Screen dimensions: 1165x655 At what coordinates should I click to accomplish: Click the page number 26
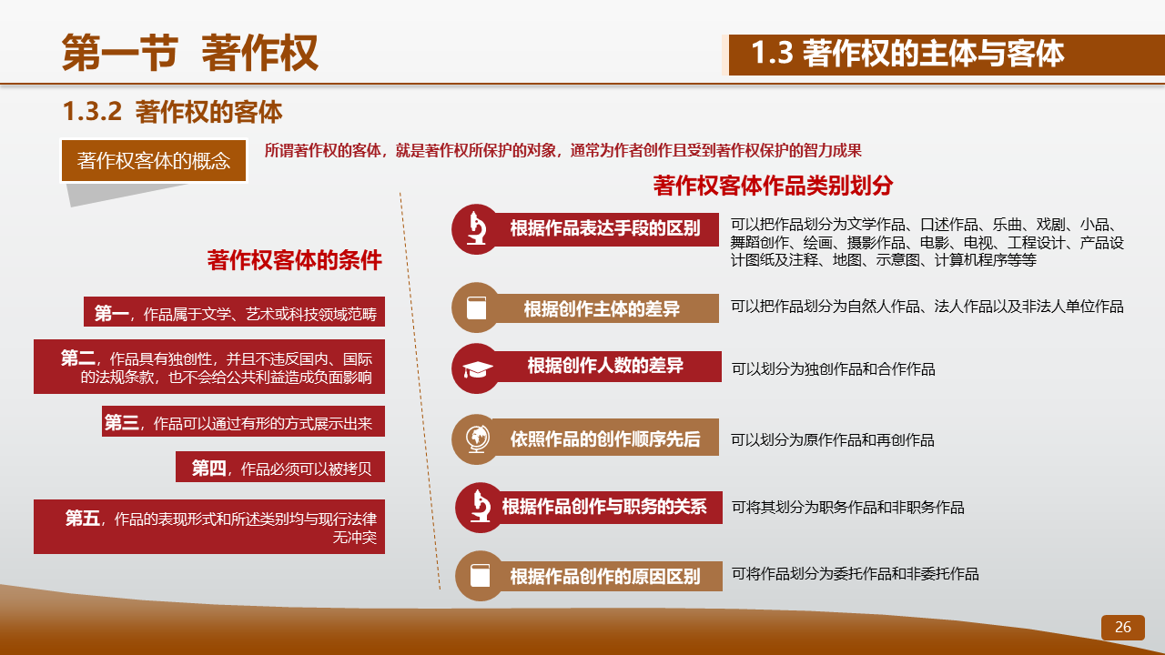tap(1122, 627)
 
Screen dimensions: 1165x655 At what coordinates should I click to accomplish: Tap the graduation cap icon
tap(478, 369)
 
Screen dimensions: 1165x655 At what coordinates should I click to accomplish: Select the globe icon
tap(478, 439)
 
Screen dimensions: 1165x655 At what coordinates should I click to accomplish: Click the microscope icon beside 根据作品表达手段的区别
tap(476, 228)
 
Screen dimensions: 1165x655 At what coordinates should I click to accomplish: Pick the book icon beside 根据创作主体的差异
tap(476, 307)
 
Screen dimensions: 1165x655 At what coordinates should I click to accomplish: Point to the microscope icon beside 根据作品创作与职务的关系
tap(480, 507)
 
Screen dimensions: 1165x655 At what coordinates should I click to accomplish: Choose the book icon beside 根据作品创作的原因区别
tap(480, 576)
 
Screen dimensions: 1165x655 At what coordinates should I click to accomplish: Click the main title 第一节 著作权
tap(190, 53)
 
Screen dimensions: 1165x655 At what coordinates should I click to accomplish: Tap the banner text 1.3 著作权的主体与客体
tap(907, 54)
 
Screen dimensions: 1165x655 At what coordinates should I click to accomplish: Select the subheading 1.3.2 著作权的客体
tap(172, 112)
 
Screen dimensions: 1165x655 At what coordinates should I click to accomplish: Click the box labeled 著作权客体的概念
tap(154, 161)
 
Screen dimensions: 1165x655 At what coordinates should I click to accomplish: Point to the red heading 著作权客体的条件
tap(294, 260)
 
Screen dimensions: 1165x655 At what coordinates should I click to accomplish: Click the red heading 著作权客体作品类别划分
tap(773, 186)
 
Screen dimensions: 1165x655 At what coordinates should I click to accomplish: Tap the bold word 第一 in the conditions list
tap(111, 314)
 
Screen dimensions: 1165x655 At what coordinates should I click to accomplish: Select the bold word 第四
tap(208, 469)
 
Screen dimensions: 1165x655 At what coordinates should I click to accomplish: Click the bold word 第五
tap(82, 519)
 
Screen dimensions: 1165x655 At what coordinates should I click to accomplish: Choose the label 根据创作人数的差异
tap(605, 366)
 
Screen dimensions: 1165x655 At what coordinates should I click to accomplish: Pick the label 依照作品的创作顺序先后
tap(605, 439)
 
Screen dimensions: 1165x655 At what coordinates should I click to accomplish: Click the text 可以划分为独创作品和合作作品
tap(833, 369)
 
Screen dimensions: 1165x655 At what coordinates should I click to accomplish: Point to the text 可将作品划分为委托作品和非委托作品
tap(855, 574)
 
